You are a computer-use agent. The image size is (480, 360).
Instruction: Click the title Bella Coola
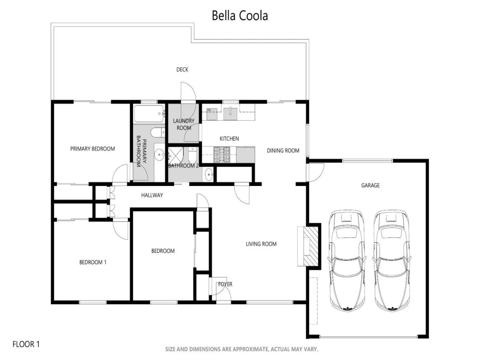point(240,16)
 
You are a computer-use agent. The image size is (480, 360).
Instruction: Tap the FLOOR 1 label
point(26,344)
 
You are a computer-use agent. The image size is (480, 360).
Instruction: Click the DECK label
point(182,70)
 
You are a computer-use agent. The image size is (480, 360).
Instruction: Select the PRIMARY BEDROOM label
point(92,149)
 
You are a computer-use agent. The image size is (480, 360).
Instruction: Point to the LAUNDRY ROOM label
point(184,124)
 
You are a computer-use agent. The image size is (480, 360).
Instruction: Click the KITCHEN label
point(229,138)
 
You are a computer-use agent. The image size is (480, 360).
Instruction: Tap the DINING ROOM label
point(283,150)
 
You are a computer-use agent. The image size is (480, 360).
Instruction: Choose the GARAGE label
point(370,185)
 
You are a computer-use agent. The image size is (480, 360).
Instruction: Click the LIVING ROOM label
point(261,244)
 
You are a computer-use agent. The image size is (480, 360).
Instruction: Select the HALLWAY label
point(152,195)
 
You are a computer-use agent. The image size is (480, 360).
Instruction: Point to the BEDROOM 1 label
point(93,262)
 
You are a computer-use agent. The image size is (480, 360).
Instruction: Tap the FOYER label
point(225,284)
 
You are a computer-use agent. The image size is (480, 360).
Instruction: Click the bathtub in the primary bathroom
point(149,114)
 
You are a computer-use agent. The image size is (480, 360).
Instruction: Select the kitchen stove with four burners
point(222,154)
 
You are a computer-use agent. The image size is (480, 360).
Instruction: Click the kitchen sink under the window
point(230,114)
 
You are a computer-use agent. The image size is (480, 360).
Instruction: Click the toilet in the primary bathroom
point(158,132)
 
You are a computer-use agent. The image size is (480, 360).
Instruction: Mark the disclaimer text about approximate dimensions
point(242,349)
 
